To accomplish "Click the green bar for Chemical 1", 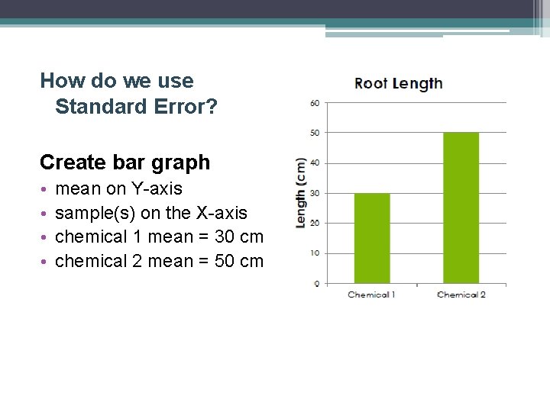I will point(372,238).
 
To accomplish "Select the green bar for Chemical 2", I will point(461,208).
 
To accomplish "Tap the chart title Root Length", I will point(398,84).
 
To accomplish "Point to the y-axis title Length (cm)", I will point(301,192).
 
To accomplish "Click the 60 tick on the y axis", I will point(315,103).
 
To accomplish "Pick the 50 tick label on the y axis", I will point(315,133).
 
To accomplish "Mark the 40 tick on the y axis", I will point(315,163).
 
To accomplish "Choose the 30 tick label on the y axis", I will point(315,193).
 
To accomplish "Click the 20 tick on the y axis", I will point(315,223).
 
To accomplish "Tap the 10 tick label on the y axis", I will point(315,253).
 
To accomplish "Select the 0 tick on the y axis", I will point(317,283).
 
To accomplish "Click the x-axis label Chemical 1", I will point(372,295).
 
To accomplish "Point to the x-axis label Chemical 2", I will point(461,295).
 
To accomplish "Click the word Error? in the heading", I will point(188,106).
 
